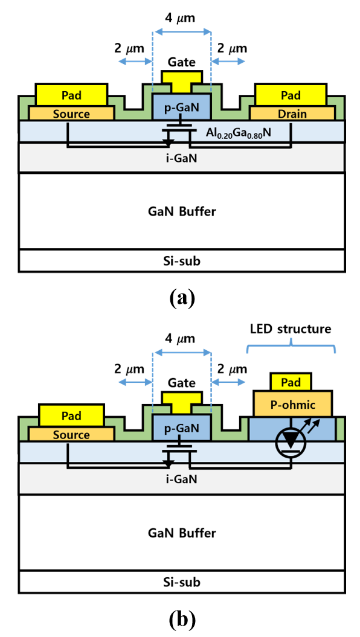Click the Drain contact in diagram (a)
pyautogui.click(x=292, y=114)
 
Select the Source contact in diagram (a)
pyautogui.click(x=70, y=114)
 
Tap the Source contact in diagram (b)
pyautogui.click(x=71, y=434)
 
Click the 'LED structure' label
pyautogui.click(x=291, y=328)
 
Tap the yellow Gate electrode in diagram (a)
pyautogui.click(x=181, y=81)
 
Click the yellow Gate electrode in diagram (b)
pyautogui.click(x=181, y=402)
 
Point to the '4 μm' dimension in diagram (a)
pyautogui.click(x=181, y=19)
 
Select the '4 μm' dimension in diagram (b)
pyautogui.click(x=181, y=338)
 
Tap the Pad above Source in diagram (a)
pyautogui.click(x=71, y=95)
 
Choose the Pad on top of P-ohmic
pyautogui.click(x=291, y=382)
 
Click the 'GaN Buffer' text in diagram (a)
pyautogui.click(x=181, y=212)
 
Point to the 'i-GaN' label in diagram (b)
pyautogui.click(x=181, y=479)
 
